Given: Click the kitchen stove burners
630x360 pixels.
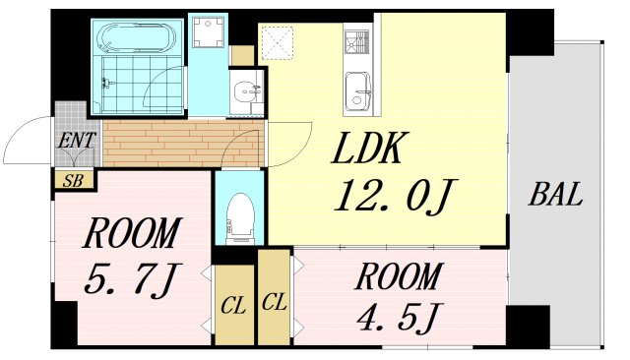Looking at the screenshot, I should [355, 43].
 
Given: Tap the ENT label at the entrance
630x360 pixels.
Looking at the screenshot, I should [76, 141].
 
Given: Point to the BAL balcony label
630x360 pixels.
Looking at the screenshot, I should [555, 194].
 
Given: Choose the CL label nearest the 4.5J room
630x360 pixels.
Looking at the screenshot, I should [274, 303].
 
